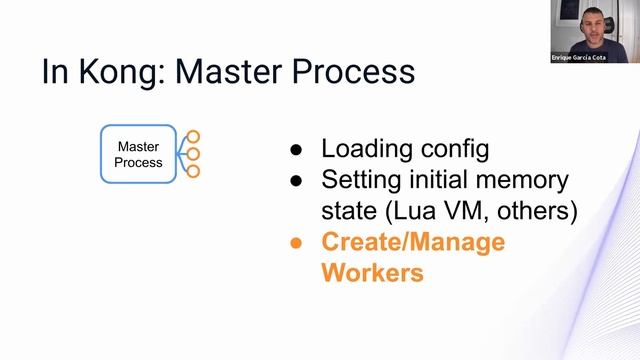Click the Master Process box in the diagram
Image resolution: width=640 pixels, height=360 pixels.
pos(138,154)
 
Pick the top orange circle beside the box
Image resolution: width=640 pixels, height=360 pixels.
pos(194,136)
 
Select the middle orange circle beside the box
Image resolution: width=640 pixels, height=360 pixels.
pos(194,154)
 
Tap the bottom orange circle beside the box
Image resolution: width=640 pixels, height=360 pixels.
pos(194,172)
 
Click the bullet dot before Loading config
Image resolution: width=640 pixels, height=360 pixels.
pos(296,152)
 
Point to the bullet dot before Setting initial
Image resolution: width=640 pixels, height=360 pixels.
pos(296,182)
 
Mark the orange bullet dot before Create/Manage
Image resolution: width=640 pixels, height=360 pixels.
pos(296,243)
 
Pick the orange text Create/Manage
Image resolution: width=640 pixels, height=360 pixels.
pos(412,243)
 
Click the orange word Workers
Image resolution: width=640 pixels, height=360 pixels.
pos(372,272)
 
